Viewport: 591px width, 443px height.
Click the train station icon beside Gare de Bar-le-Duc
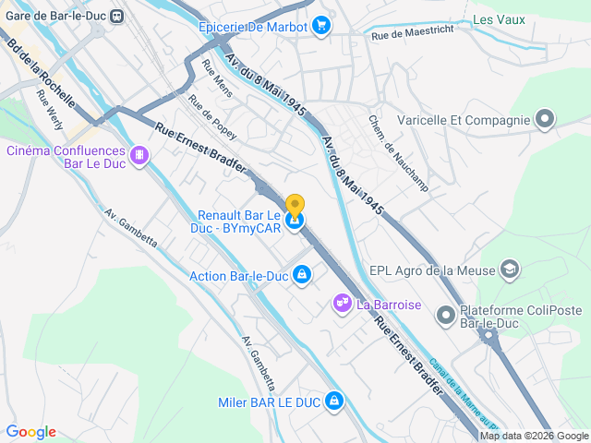[117, 16]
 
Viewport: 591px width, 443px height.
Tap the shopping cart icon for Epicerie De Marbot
[321, 25]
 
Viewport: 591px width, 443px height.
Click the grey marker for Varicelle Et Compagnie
[545, 119]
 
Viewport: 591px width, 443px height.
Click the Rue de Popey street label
[212, 116]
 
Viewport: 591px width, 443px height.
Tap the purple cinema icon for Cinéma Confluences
[139, 156]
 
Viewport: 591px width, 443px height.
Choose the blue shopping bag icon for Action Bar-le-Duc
[301, 275]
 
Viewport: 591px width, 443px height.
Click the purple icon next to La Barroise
[342, 303]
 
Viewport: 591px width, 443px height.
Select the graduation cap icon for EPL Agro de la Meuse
[509, 269]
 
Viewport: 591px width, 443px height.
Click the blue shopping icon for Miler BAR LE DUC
[334, 401]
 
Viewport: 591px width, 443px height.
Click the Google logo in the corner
[30, 431]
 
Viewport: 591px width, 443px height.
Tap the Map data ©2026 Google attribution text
[534, 436]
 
